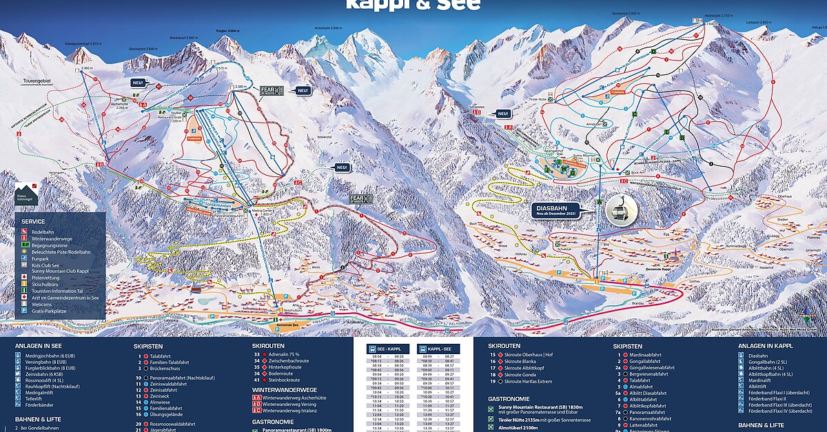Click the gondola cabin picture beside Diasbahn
pyautogui.click(x=618, y=209)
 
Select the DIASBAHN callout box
pyautogui.click(x=557, y=209)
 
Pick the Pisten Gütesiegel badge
pyautogui.click(x=27, y=193)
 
